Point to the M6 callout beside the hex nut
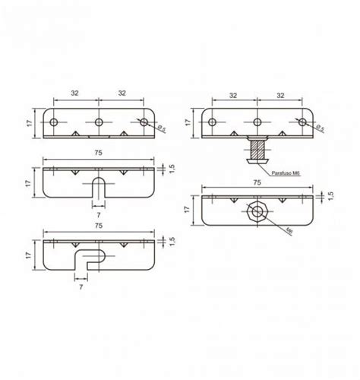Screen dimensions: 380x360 pos(290,229)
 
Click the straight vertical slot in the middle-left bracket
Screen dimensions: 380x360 pos(100,187)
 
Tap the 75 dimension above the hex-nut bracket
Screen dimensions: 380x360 pos(258,182)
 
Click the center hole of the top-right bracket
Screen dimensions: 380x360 pos(258,121)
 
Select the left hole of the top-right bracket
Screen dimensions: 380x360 pos(213,121)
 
